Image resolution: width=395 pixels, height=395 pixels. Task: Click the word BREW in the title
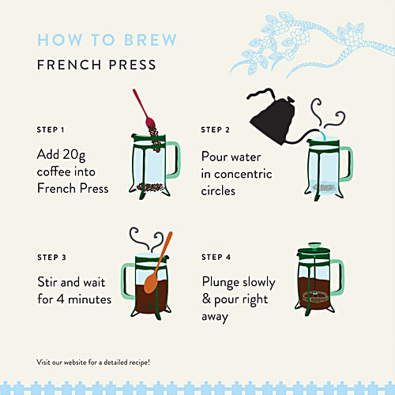[x=150, y=39]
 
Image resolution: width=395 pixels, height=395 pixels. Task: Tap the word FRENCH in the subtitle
[x=70, y=65]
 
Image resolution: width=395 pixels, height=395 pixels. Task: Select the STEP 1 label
[x=51, y=130]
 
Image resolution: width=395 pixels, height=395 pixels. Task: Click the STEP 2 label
[x=215, y=130]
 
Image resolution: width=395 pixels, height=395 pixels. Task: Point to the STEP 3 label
[x=51, y=258]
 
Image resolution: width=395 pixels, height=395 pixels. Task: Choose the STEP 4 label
[x=216, y=257]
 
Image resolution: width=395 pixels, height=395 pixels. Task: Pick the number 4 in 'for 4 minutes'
[x=61, y=299]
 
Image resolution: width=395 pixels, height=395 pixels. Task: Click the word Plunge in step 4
[x=220, y=282]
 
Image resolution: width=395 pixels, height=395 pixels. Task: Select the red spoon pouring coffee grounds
[x=145, y=109]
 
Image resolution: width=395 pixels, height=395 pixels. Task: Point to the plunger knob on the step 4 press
[x=314, y=246]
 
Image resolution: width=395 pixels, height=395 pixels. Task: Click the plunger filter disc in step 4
[x=314, y=297]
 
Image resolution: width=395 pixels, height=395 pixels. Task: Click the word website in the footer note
[x=75, y=363]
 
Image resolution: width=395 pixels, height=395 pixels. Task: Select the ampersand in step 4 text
[x=206, y=299]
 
